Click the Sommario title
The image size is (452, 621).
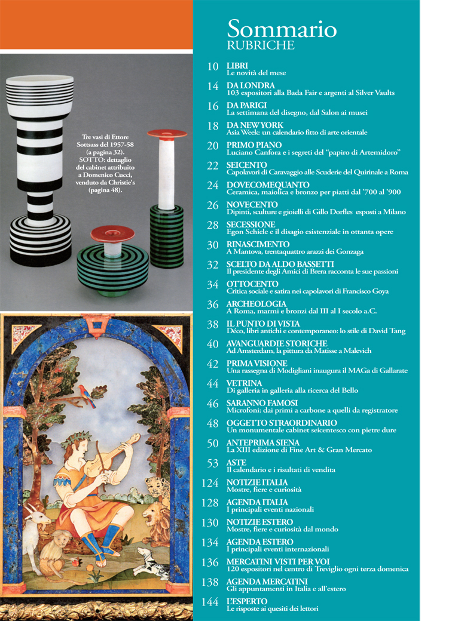click(282, 29)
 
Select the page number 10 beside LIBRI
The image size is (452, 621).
click(213, 66)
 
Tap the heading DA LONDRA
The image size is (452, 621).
click(251, 85)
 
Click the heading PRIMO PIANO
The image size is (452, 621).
click(254, 145)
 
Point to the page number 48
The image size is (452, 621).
click(212, 423)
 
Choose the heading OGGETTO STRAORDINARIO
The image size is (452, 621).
click(282, 423)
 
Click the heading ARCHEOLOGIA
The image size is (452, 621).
click(256, 304)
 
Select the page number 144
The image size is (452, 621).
click(210, 602)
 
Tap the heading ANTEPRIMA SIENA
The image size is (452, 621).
click(263, 442)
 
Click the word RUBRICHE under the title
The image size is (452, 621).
click(261, 45)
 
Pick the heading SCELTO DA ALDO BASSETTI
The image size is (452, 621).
click(280, 264)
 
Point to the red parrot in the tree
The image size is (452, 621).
click(87, 395)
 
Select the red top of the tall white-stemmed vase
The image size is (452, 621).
click(167, 134)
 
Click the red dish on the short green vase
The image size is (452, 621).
click(112, 233)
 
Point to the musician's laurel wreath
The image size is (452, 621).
click(78, 438)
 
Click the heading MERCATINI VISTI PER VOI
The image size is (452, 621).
click(278, 562)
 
